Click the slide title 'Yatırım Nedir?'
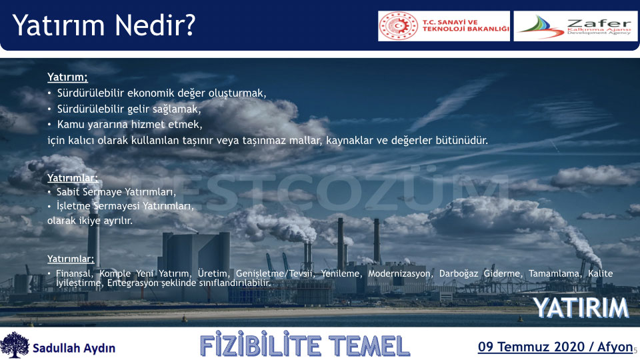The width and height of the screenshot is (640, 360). tap(104, 25)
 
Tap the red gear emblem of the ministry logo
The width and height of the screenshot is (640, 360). tap(398, 26)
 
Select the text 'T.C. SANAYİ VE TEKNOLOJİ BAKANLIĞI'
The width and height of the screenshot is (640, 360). tap(466, 25)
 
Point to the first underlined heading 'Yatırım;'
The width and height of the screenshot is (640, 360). tap(67, 77)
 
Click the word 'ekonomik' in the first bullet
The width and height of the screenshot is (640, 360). tap(151, 93)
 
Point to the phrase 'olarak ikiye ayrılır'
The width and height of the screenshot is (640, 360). tap(90, 221)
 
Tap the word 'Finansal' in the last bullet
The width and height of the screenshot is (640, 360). tap(74, 273)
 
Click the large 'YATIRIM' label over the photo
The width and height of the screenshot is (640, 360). tap(581, 308)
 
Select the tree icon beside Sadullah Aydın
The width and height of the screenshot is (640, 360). tap(15, 345)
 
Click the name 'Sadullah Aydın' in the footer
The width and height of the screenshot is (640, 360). tap(74, 348)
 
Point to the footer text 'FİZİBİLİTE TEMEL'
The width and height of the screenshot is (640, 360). tap(305, 346)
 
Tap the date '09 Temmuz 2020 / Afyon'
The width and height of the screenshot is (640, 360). tap(555, 347)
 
